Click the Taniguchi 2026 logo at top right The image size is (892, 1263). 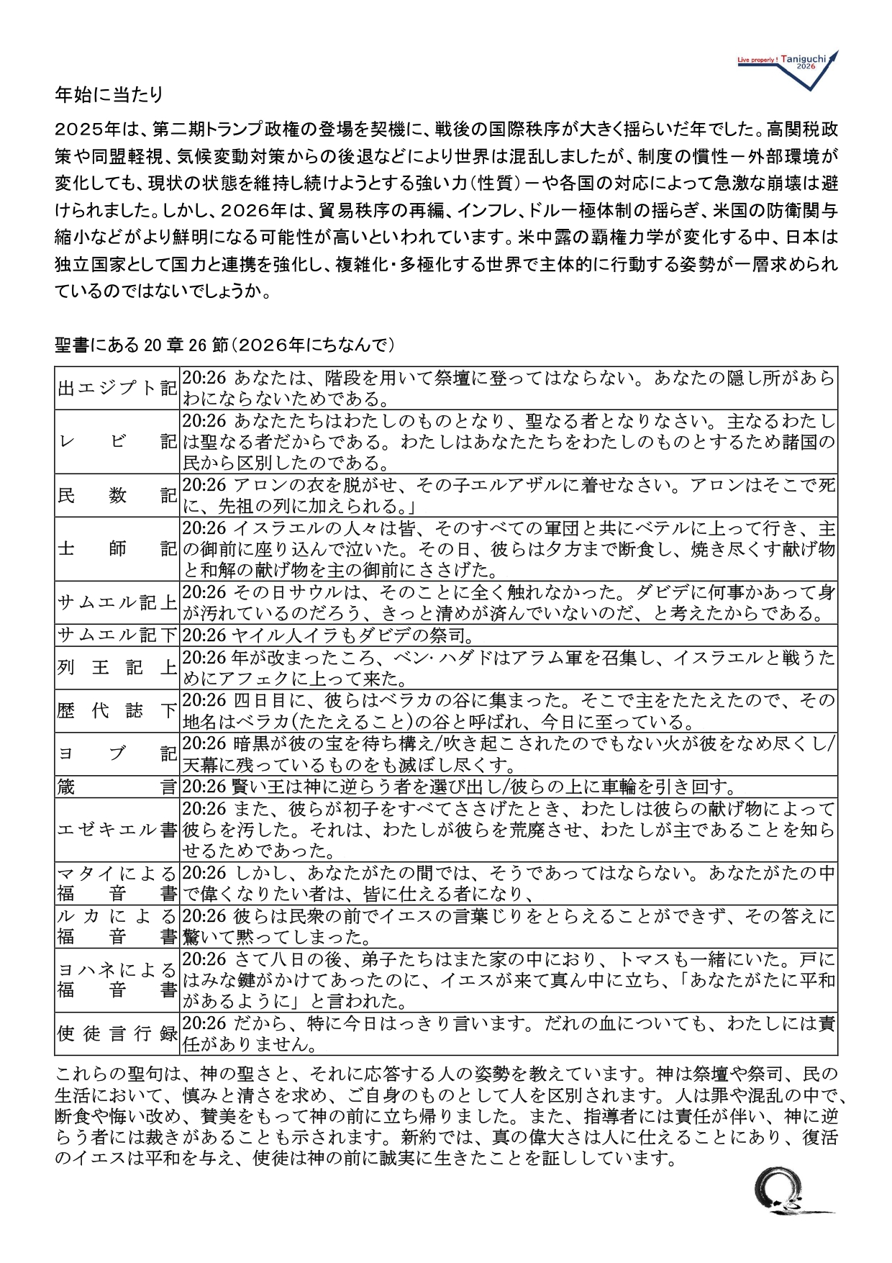[788, 68]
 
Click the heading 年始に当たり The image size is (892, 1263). [109, 94]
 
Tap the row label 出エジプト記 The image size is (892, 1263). [117, 388]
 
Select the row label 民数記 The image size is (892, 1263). [117, 495]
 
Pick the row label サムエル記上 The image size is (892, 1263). [117, 602]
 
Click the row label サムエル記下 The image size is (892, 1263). [117, 635]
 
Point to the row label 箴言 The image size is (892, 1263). [117, 786]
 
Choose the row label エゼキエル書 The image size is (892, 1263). [117, 829]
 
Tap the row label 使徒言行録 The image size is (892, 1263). [117, 1033]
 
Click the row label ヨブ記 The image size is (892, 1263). [117, 753]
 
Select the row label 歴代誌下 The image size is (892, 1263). [117, 710]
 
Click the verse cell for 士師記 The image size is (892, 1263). [509, 549]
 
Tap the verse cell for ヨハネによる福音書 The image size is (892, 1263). [509, 979]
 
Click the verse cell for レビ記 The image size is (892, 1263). [509, 441]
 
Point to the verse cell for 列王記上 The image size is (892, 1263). [509, 668]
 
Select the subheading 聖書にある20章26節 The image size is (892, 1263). [224, 345]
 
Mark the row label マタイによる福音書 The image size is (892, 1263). [117, 883]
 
